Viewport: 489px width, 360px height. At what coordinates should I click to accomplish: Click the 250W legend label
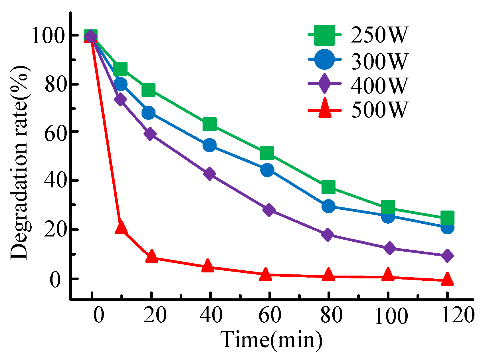pos(379,35)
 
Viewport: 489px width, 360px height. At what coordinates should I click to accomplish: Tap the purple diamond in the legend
pos(324,84)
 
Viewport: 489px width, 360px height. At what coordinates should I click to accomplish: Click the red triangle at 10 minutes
pos(121,228)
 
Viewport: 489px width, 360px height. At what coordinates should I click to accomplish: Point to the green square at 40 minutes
pos(210,124)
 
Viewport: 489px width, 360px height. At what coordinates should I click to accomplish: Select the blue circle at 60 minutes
pos(267,170)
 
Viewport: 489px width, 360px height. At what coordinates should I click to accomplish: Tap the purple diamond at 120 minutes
pos(447,256)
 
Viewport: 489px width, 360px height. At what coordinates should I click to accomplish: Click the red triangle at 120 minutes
pos(447,279)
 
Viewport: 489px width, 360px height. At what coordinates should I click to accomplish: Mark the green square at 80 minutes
pos(328,187)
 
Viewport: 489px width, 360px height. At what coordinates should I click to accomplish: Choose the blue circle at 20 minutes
pos(149,113)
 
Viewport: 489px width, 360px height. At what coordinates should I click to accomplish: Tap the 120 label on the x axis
pos(458,315)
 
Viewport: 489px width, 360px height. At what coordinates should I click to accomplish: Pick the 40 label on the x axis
pos(211,315)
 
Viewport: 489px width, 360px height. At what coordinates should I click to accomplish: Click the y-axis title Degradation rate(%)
pos(19,163)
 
